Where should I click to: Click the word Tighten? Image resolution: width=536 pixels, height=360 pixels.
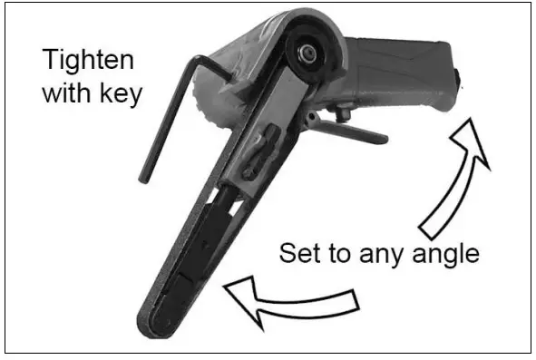coord(89,62)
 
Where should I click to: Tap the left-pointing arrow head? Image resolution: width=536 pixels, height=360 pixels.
coord(243,298)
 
